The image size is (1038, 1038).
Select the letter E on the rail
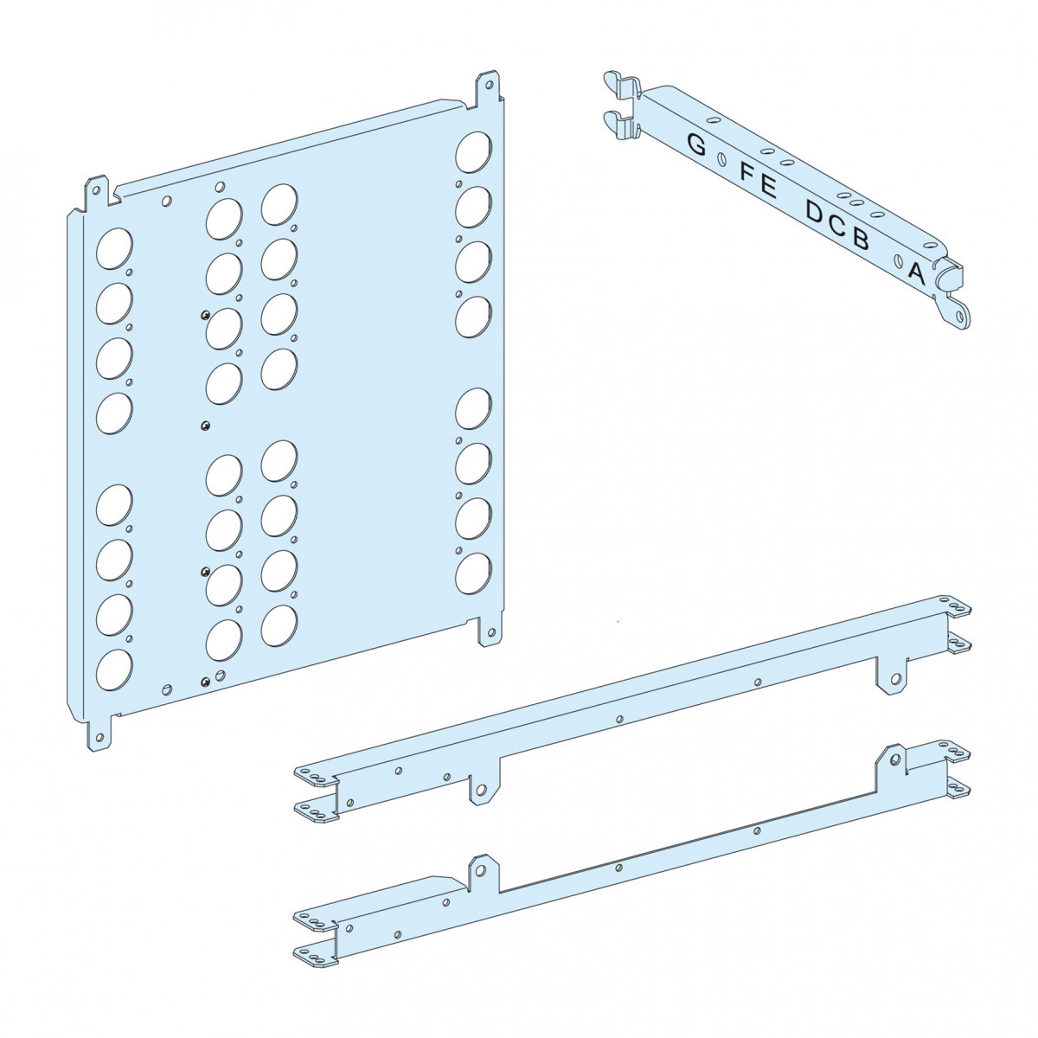pyautogui.click(x=768, y=188)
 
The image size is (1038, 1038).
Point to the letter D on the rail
pyautogui.click(x=816, y=213)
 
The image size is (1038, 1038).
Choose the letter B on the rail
pyautogui.click(x=861, y=239)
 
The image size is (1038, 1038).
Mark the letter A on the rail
pyautogui.click(x=916, y=273)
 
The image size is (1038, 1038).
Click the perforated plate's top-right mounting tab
pyautogui.click(x=488, y=86)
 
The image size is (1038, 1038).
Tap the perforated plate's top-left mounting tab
pyautogui.click(x=96, y=191)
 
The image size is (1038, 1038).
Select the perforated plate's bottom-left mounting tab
pyautogui.click(x=99, y=734)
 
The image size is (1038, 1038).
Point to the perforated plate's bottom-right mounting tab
pyautogui.click(x=490, y=631)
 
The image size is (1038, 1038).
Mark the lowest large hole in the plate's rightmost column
pyautogui.click(x=473, y=573)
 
